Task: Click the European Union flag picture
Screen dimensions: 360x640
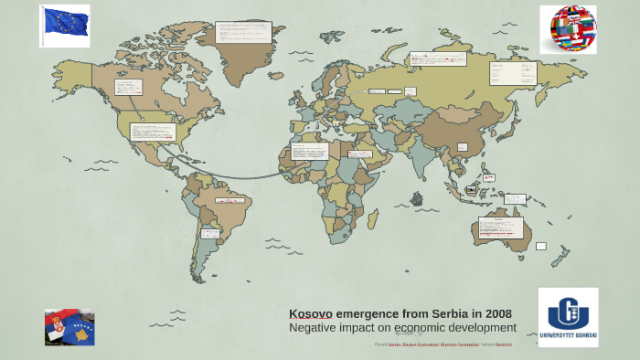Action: [x=65, y=25]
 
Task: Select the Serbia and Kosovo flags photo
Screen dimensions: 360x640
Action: [x=69, y=326]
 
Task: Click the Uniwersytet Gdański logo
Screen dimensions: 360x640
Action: [x=568, y=316]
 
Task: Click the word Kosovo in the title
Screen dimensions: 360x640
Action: [x=311, y=313]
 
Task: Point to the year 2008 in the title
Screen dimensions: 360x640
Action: [x=496, y=313]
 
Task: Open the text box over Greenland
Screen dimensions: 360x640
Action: [x=243, y=32]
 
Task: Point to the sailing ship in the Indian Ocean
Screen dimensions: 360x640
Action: [x=417, y=197]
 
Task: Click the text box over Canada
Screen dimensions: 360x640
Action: [x=128, y=87]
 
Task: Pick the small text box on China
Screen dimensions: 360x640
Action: [x=463, y=146]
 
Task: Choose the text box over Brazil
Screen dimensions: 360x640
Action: [x=229, y=200]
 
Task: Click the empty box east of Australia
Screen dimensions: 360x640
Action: [x=540, y=246]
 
